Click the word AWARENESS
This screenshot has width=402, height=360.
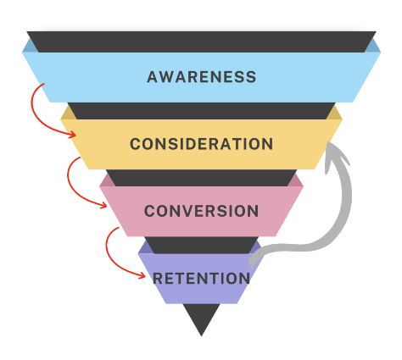202,77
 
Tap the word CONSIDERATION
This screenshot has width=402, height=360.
202,144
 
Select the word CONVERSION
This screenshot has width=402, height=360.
202,211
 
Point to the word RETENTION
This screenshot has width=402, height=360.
202,279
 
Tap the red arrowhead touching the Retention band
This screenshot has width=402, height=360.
142,275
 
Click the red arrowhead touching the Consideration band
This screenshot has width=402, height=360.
73,135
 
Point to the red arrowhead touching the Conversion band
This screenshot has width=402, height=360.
103,205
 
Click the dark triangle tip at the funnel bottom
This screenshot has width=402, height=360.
201,335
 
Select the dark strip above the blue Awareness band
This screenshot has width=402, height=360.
201,42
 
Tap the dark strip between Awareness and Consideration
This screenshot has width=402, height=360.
201,111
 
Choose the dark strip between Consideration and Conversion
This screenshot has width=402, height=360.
201,178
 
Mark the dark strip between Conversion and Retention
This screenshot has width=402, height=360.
201,245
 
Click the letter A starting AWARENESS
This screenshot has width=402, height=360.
152,77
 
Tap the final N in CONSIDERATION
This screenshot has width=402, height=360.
267,144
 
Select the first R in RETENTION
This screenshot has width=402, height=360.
157,279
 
